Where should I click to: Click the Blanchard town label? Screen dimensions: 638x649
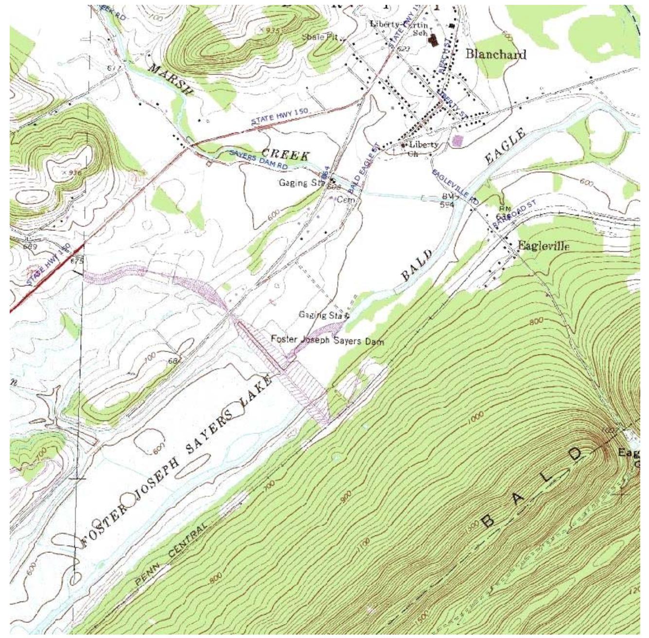pos(495,54)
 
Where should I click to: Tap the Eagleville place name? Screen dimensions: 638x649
pos(543,246)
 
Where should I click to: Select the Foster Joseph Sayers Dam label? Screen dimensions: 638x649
pos(327,340)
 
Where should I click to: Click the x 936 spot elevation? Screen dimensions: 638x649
pos(72,173)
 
